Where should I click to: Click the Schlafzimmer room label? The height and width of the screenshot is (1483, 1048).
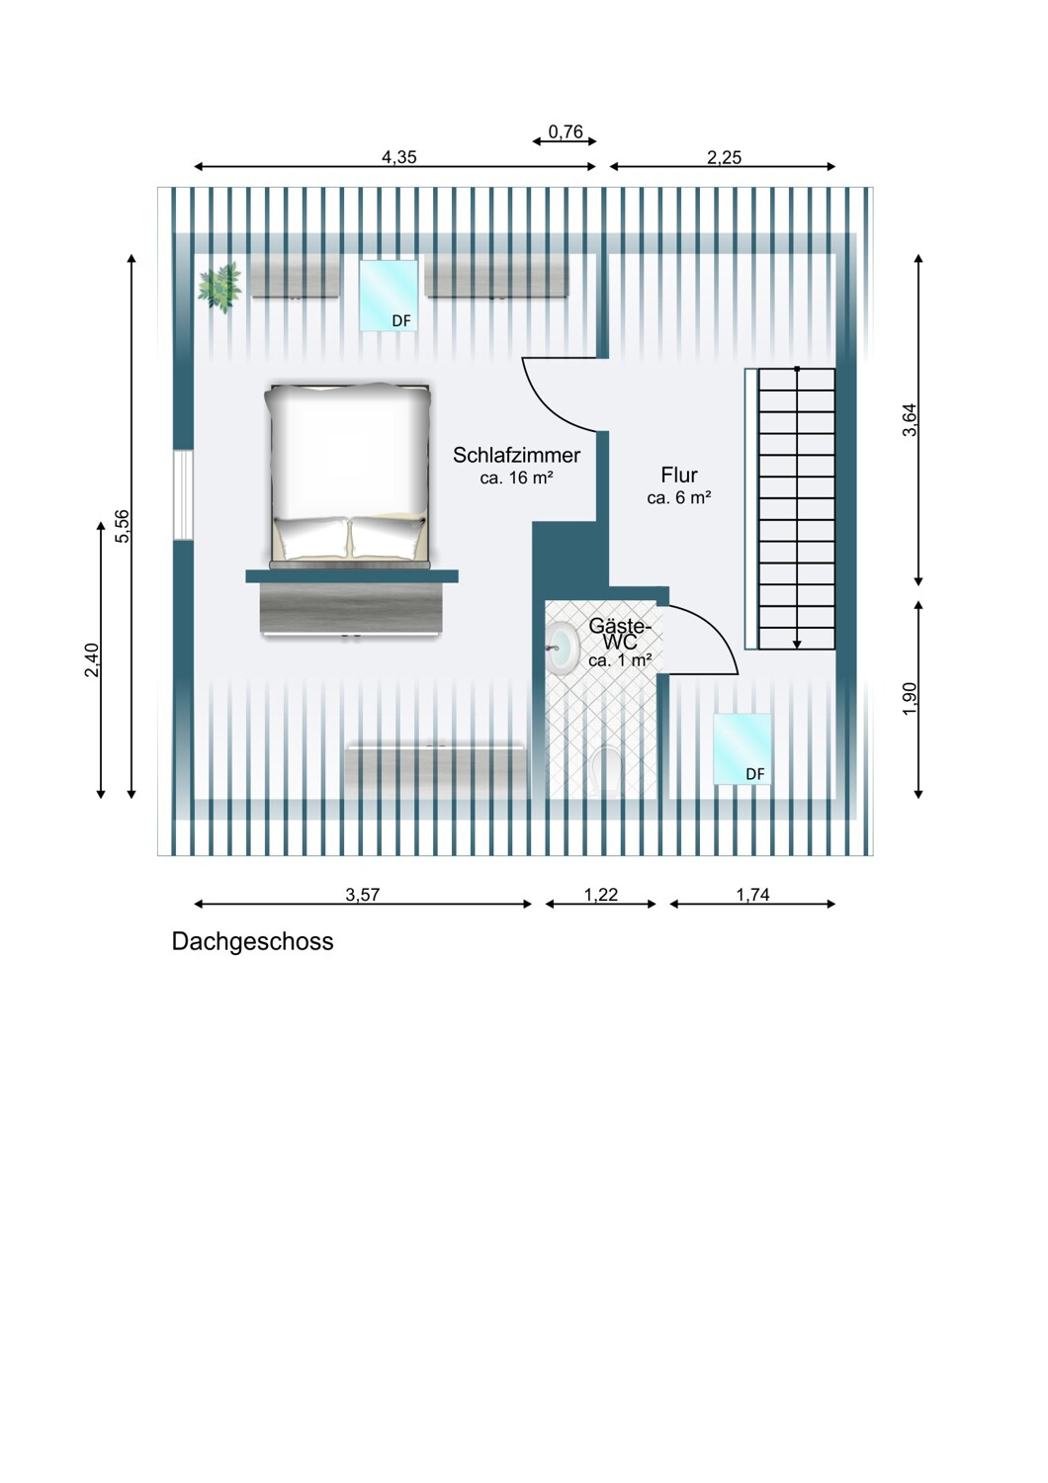coord(516,455)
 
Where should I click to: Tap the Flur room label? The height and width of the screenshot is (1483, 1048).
coord(678,475)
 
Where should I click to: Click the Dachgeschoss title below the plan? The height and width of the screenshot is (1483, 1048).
coord(252,941)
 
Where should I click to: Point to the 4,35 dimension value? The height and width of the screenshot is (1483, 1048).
coord(399,157)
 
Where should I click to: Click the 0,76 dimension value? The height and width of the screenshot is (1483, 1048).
coord(566,131)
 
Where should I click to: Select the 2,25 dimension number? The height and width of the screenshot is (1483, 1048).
coord(724,157)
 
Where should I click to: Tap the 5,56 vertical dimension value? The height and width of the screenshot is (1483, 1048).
coord(123,526)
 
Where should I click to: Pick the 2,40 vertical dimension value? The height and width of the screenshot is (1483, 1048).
coord(92,659)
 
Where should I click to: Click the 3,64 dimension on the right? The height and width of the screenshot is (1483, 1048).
coord(910,420)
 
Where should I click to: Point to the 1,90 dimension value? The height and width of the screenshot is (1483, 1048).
coord(910,698)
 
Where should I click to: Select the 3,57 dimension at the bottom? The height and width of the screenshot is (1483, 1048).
coord(362,895)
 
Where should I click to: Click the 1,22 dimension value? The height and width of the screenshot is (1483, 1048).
coord(600,895)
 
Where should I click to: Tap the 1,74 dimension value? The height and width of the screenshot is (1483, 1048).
coord(752,895)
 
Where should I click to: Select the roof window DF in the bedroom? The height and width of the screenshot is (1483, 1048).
coord(389,296)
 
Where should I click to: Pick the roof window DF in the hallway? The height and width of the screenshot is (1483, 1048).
coord(742,748)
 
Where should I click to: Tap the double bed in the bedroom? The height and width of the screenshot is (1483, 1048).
coord(348,475)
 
